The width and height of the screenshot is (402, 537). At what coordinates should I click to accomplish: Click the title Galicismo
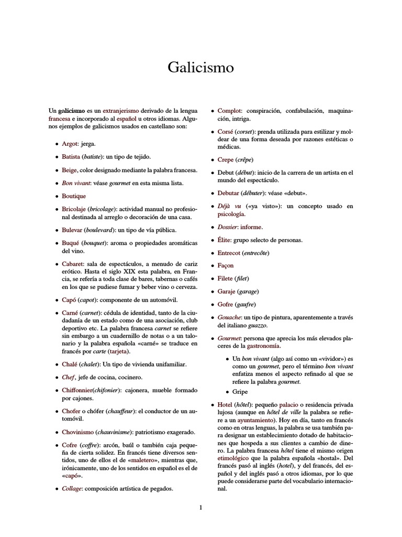pos(200,68)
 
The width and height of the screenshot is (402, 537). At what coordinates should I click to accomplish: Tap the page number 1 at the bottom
pos(200,507)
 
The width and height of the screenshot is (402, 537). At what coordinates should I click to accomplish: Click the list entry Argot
pos(70,143)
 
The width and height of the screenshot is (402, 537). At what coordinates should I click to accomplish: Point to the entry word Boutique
pos(74,196)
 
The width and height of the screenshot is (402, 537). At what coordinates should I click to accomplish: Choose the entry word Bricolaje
pos(74,209)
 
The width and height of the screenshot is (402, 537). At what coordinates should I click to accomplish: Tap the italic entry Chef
pos(68,377)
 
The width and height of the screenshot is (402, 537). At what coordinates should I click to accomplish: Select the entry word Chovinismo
pos(78,432)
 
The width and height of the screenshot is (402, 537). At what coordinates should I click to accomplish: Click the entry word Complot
pos(229,111)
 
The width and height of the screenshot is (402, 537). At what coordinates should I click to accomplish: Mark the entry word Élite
pos(226,240)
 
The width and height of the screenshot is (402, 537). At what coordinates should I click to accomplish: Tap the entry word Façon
pos(226,265)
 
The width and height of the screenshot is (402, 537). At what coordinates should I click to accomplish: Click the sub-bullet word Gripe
pos(241,392)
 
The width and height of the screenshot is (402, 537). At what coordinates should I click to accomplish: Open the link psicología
pos(231,214)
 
